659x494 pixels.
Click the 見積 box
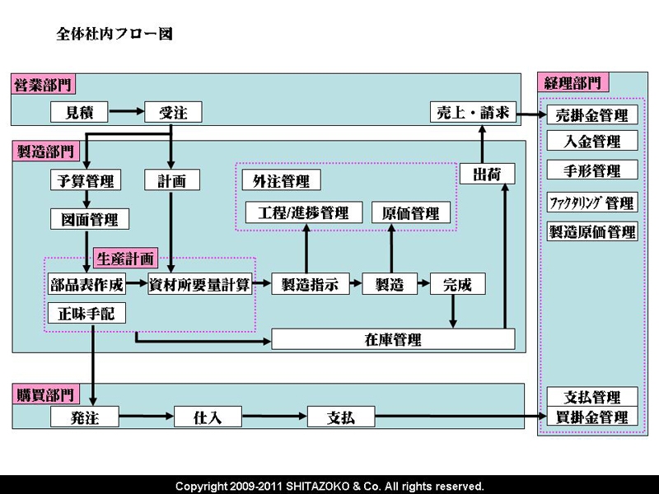coord(79,112)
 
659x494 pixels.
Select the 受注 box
coord(173,112)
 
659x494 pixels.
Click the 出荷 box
coord(493,174)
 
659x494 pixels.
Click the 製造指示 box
coord(304,284)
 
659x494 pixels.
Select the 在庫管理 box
coord(393,338)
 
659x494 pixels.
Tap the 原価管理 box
coord(411,212)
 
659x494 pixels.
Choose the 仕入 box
coord(208,417)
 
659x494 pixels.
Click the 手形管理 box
coord(591,170)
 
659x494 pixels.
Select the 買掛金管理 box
coord(591,417)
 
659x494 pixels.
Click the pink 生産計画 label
coord(124,258)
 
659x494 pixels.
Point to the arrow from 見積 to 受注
coord(126,112)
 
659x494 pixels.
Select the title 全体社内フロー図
coord(114,35)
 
